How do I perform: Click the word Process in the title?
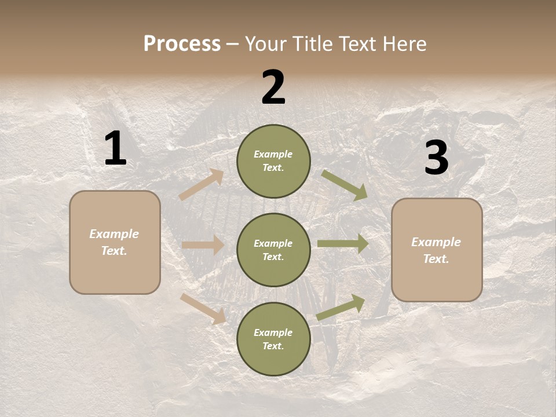[182, 44]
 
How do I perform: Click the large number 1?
[115, 149]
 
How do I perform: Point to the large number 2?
[273, 87]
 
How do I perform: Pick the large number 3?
[436, 158]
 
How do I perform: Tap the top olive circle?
[273, 161]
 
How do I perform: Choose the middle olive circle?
[273, 250]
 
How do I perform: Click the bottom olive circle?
[273, 339]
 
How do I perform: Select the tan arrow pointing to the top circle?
[202, 185]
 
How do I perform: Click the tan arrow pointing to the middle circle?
[203, 245]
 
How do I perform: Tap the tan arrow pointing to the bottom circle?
[203, 309]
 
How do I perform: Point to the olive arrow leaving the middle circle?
[343, 244]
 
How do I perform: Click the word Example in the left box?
[114, 234]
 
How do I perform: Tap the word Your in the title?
[264, 44]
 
